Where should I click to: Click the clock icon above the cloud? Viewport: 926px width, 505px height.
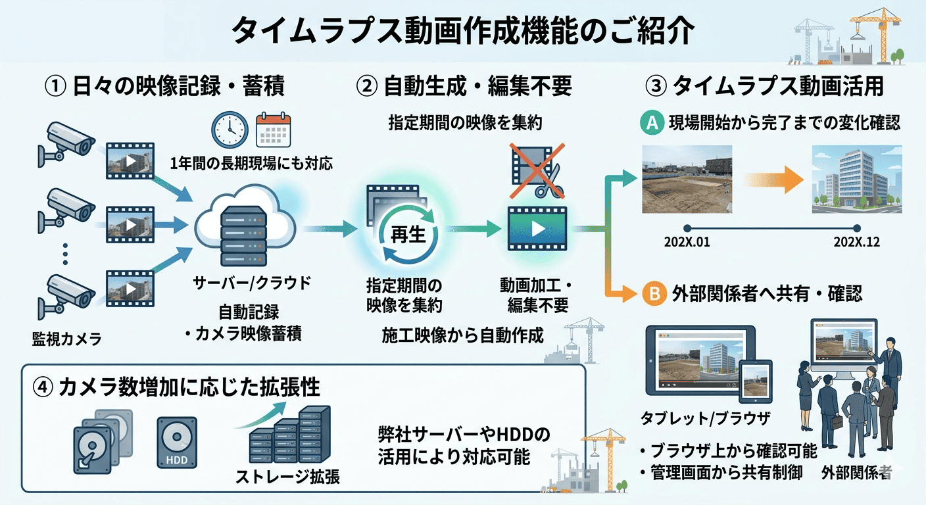tap(230, 129)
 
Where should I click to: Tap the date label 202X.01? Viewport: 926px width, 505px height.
tap(687, 242)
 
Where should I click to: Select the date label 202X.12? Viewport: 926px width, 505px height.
tap(856, 242)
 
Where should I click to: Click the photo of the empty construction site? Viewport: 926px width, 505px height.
tap(687, 180)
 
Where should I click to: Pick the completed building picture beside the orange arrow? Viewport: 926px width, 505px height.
tap(856, 180)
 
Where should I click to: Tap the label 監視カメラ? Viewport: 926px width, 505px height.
tap(67, 339)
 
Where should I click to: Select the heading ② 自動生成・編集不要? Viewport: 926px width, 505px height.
tap(464, 85)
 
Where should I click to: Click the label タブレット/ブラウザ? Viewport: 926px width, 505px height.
tap(705, 418)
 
